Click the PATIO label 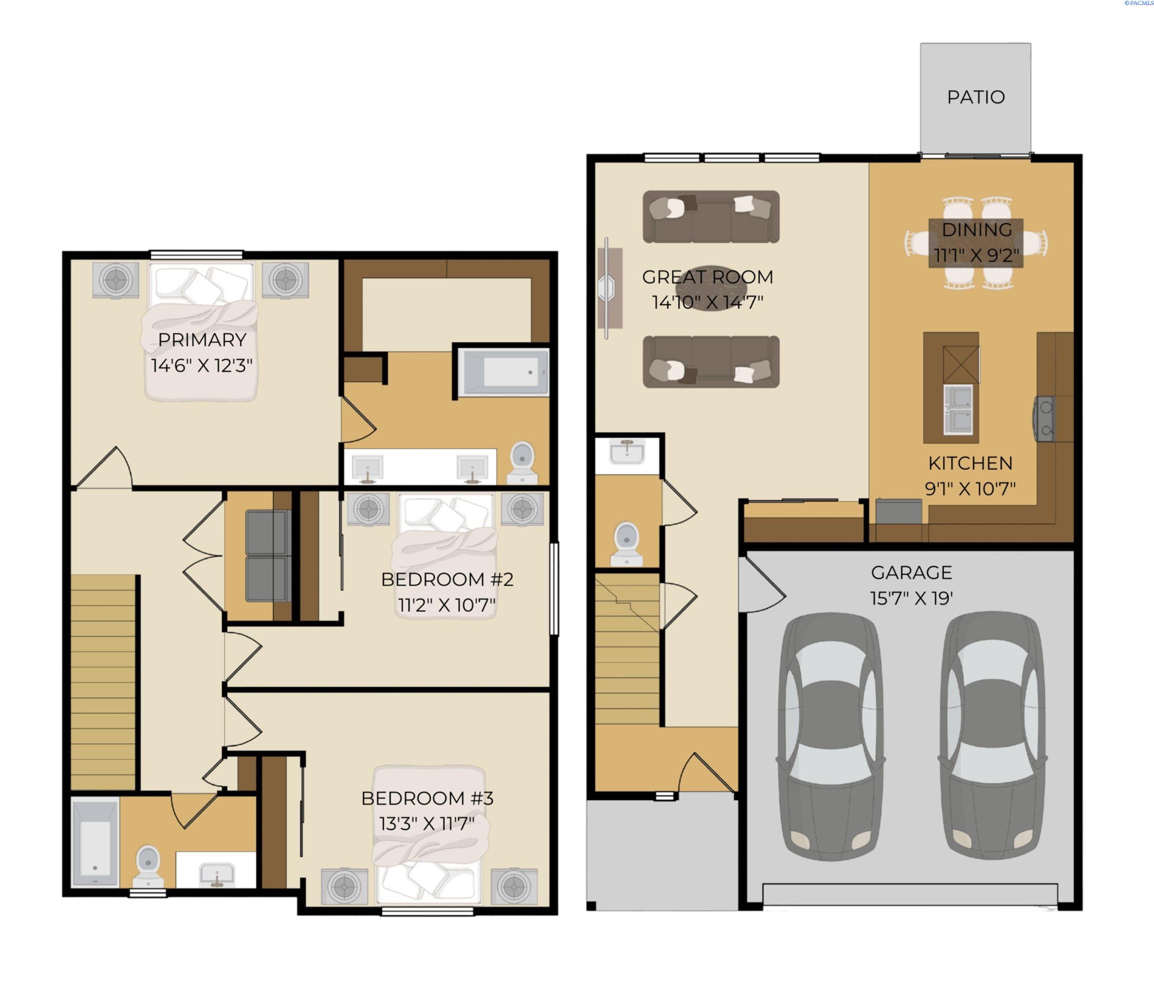click(x=976, y=97)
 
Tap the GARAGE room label click(x=911, y=573)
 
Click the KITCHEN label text click(x=970, y=463)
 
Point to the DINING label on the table click(x=976, y=229)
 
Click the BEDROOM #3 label click(x=427, y=798)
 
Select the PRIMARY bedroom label click(x=202, y=340)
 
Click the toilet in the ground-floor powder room click(x=626, y=544)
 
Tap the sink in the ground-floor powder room click(x=627, y=451)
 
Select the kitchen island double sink click(x=958, y=409)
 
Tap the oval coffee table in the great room click(x=710, y=288)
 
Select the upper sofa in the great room click(x=711, y=217)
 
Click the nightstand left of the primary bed click(x=115, y=280)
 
